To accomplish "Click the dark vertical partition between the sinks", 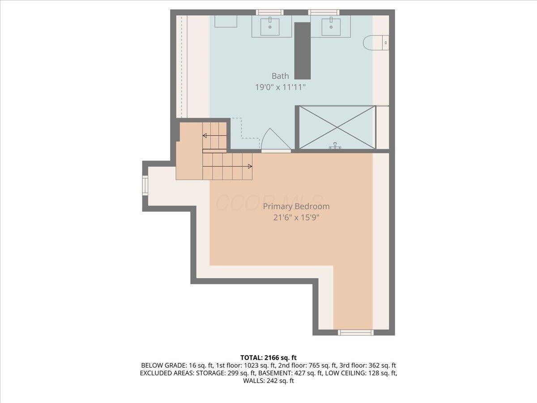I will [302, 50].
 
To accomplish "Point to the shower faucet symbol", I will [335, 146].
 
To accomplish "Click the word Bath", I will [280, 76].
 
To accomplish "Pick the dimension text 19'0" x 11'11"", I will [280, 87].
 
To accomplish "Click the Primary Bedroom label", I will [296, 206].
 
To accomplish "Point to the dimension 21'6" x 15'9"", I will [296, 218].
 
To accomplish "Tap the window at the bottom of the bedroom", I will [355, 332].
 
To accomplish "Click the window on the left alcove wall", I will [145, 184].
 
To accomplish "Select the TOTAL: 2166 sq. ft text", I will [268, 357].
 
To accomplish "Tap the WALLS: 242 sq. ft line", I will [268, 381].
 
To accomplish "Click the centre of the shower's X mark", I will [337, 127].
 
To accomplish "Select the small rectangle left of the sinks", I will [226, 21].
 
